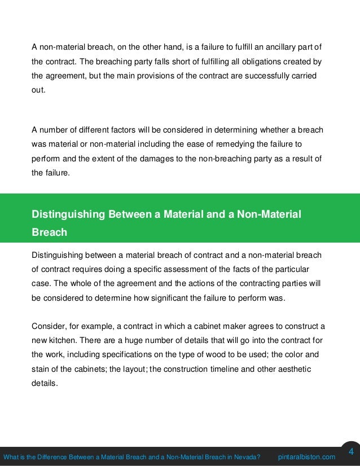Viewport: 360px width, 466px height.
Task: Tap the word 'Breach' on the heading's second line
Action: (x=50, y=232)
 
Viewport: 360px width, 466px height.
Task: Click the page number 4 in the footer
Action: (x=350, y=452)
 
